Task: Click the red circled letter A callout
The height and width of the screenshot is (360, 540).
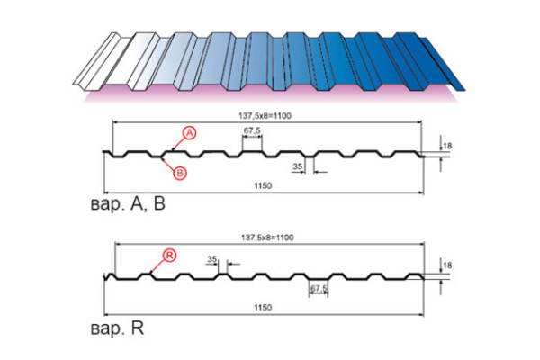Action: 189,133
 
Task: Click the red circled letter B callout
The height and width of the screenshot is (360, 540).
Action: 180,173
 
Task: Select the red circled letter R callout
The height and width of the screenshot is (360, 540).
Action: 169,256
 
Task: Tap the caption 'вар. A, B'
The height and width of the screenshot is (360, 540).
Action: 128,204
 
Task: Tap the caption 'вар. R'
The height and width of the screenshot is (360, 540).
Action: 117,328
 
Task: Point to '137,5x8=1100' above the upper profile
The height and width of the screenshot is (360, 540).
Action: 265,116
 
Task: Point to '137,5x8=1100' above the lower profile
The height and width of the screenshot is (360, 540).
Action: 267,238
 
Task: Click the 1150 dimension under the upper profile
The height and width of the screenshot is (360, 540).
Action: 263,186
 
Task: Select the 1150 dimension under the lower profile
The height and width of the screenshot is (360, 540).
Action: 263,307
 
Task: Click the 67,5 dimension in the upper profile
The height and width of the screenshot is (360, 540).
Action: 252,130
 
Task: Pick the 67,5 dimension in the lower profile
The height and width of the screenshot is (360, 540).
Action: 319,288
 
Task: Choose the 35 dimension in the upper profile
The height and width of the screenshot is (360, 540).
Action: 297,166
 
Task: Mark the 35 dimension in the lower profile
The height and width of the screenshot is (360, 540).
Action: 212,259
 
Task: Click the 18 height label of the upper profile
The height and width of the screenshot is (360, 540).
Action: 447,146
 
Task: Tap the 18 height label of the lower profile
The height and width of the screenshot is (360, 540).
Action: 447,265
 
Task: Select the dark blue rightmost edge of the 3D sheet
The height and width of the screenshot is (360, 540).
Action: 443,64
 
